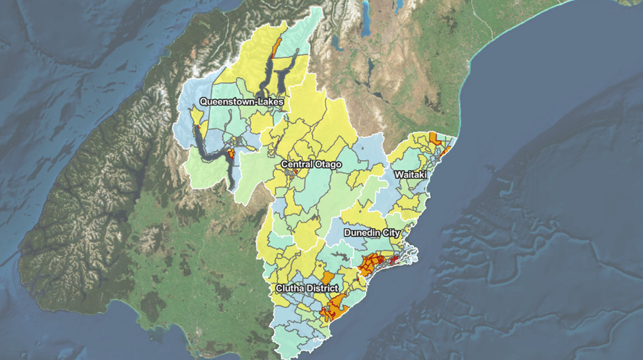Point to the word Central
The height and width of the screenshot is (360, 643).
pyautogui.click(x=296, y=165)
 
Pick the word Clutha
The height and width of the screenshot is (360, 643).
pyautogui.click(x=290, y=288)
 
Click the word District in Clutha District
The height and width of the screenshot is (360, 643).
pyautogui.click(x=322, y=288)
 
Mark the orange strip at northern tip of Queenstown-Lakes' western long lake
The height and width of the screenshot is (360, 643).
pyautogui.click(x=276, y=47)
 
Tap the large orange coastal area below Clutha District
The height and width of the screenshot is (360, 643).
pyautogui.click(x=333, y=307)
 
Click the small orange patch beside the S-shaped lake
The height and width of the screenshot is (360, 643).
pyautogui.click(x=230, y=154)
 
